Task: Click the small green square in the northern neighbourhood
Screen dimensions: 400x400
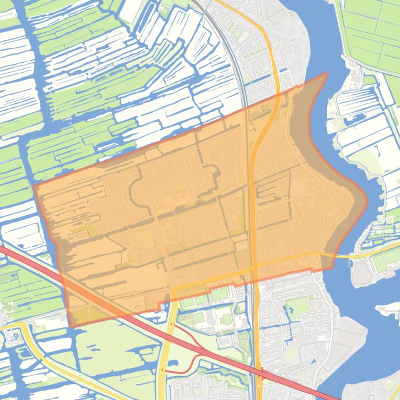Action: (x=237, y=34)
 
